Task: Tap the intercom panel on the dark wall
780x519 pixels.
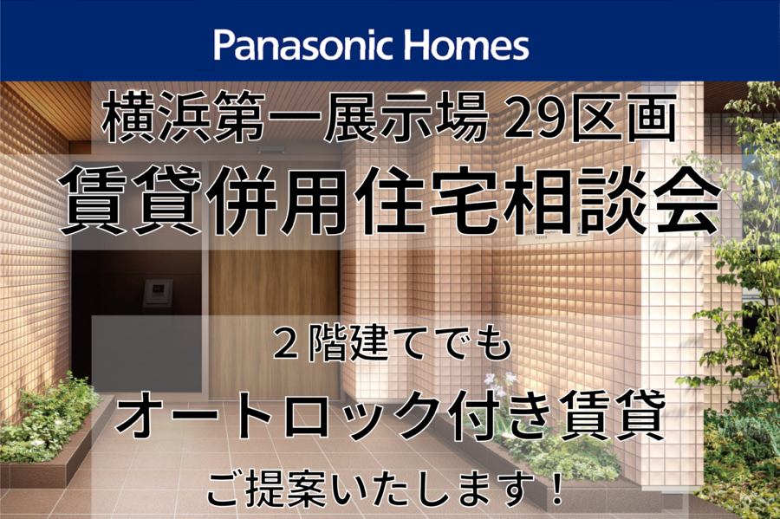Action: click(158, 294)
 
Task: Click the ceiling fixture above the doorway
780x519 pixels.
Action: click(270, 149)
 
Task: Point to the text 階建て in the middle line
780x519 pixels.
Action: click(354, 345)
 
